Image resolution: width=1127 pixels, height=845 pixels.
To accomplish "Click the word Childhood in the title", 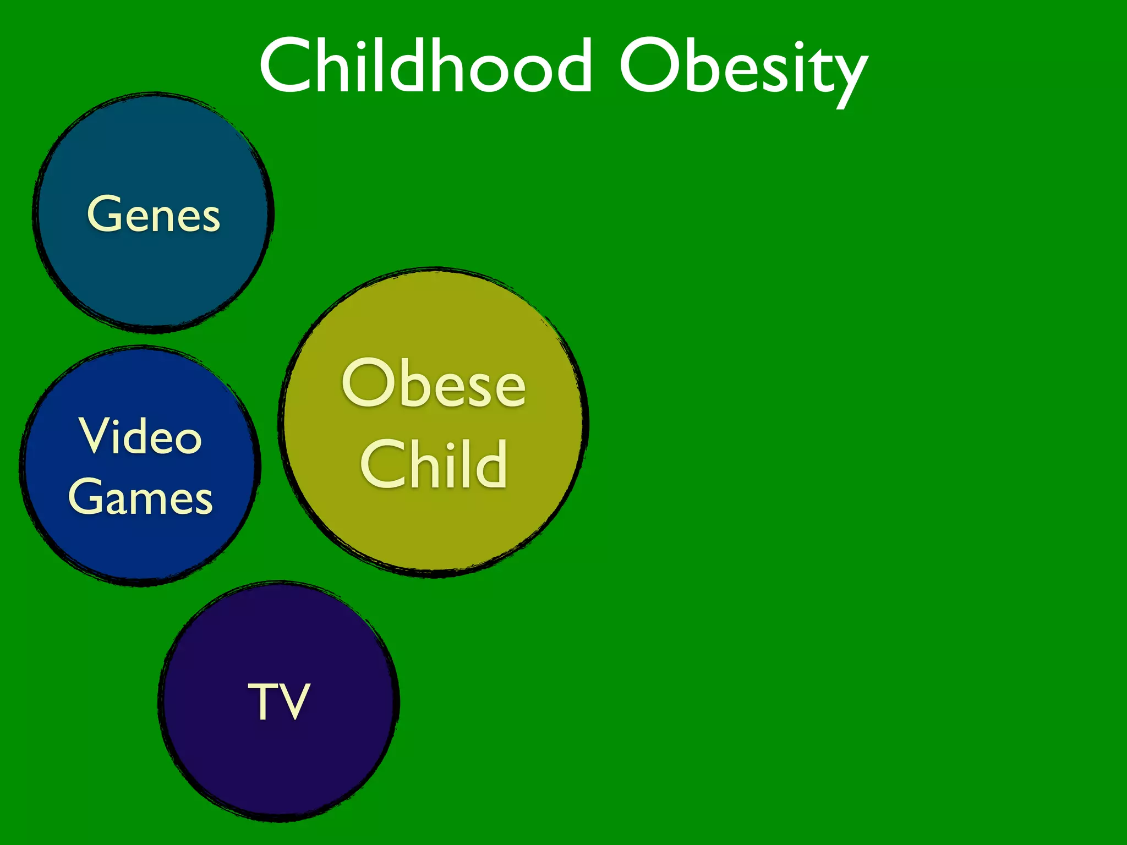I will [x=425, y=66].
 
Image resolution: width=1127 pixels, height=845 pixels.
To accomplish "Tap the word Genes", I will [x=154, y=215].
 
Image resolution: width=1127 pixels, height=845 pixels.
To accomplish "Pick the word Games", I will [x=141, y=497].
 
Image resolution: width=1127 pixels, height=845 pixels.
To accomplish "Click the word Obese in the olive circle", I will [x=434, y=383].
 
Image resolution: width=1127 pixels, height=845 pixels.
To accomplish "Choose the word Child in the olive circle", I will [x=434, y=464].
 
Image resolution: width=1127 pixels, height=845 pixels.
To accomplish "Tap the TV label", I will [x=279, y=701].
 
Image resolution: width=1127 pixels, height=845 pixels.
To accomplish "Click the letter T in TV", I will [x=262, y=701].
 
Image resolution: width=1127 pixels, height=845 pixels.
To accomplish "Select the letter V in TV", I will [x=295, y=701].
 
